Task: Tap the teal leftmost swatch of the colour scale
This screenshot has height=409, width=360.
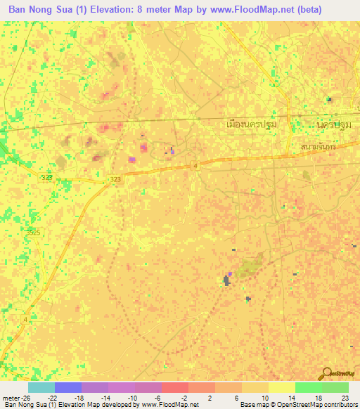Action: point(41,387)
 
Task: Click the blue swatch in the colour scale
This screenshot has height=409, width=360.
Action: point(67,387)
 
